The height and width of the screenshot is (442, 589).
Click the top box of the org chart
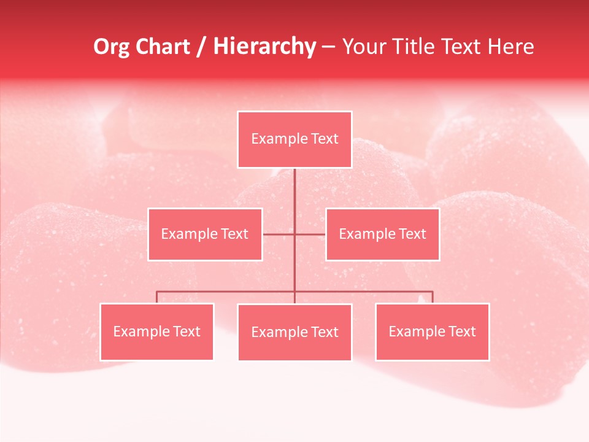point(294,139)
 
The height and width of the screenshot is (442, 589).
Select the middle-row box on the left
point(205,234)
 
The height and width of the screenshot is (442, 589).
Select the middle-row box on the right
point(382,234)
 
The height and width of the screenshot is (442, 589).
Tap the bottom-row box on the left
point(156,331)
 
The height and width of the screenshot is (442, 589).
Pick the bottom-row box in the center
point(294,332)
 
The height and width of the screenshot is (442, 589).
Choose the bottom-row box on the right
point(432,331)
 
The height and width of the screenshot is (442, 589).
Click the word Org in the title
point(111,47)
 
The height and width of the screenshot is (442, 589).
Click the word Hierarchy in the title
point(264,47)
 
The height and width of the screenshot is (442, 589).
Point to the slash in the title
point(201,47)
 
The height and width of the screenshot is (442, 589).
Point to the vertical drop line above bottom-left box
point(156,297)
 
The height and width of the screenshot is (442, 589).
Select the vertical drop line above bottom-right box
point(433,297)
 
